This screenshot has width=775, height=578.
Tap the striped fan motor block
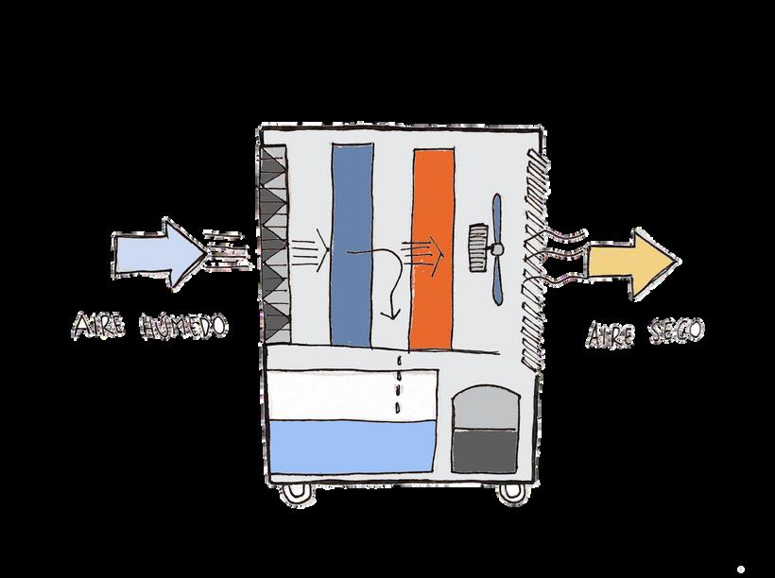(x=479, y=246)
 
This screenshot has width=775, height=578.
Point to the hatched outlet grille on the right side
(x=534, y=255)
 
